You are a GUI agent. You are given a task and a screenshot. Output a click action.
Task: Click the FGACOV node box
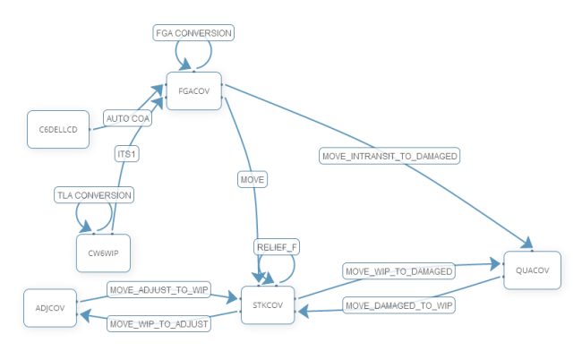[x=193, y=91]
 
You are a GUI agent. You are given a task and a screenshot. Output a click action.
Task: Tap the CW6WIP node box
[x=103, y=252]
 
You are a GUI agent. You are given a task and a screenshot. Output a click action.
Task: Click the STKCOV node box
[x=268, y=304]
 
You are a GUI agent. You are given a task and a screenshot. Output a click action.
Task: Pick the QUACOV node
[x=533, y=270]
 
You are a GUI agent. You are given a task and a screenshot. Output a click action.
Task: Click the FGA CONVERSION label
[x=194, y=33]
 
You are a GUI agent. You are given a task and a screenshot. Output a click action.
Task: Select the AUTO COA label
[x=128, y=118]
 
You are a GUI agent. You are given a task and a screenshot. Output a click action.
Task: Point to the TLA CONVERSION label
[x=94, y=194]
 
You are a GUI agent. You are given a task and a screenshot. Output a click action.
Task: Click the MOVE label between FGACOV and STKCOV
[x=252, y=180]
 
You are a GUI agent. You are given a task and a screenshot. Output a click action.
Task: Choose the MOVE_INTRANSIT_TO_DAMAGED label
[x=389, y=157]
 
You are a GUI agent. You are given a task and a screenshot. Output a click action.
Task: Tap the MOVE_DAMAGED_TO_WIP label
[x=399, y=305]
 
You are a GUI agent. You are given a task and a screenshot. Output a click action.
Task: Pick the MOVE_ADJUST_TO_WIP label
[x=158, y=289]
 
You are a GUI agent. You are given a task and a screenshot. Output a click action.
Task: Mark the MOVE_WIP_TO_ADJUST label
[x=158, y=322]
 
